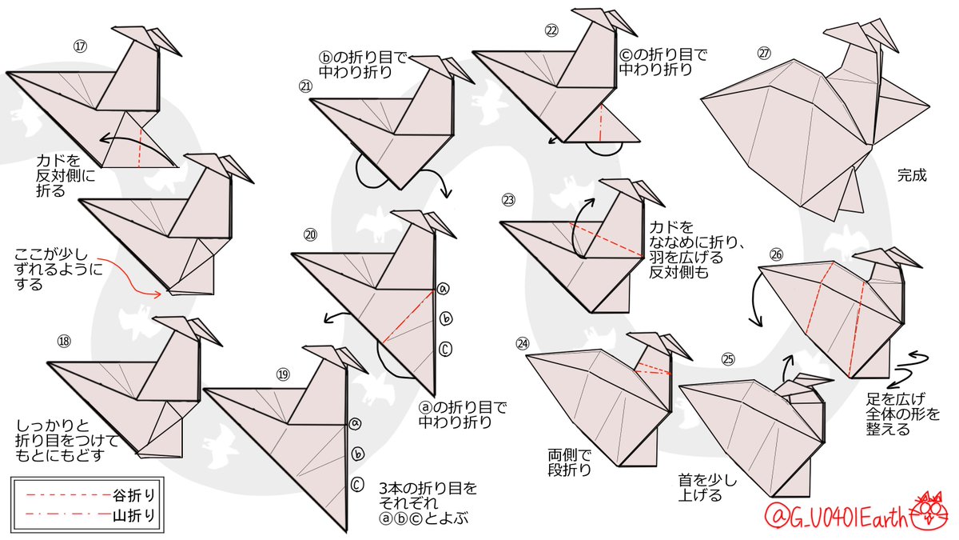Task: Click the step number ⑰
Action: coord(79,46)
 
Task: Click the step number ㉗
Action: coord(765,54)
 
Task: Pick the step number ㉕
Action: coord(727,359)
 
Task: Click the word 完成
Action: coord(912,175)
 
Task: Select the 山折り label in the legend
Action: coord(130,514)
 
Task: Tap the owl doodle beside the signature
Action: coord(929,510)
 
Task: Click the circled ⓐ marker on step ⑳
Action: coord(444,290)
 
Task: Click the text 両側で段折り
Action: coord(570,463)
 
